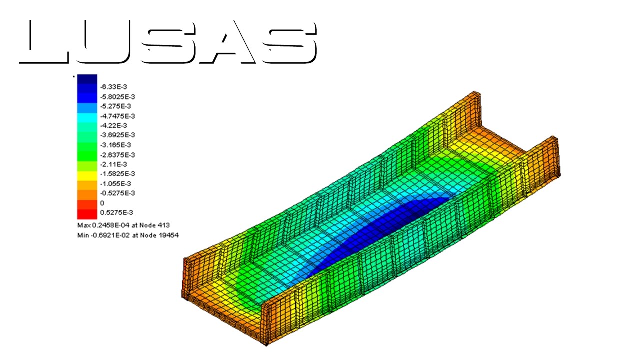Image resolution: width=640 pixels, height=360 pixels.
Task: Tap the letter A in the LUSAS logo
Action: (228, 43)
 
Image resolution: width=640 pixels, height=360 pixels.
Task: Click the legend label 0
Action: (102, 203)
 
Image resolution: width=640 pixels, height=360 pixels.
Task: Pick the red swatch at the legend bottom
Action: (87, 214)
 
